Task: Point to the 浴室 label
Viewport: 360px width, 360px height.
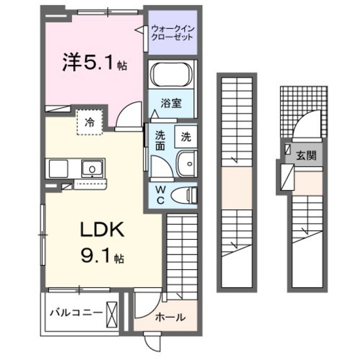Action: [x=170, y=102]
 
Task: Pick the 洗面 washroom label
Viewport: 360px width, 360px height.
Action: [x=160, y=141]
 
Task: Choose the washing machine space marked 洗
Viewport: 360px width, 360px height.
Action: [x=185, y=136]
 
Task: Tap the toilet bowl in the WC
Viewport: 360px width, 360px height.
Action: [x=187, y=194]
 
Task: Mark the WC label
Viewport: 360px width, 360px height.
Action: [x=159, y=194]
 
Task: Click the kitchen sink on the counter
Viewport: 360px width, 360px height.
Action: [x=93, y=169]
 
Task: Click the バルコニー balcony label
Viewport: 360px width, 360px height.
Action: [x=73, y=314]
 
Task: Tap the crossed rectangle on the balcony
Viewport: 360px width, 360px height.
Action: [x=113, y=314]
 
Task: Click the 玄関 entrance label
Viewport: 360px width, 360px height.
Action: [x=306, y=156]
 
